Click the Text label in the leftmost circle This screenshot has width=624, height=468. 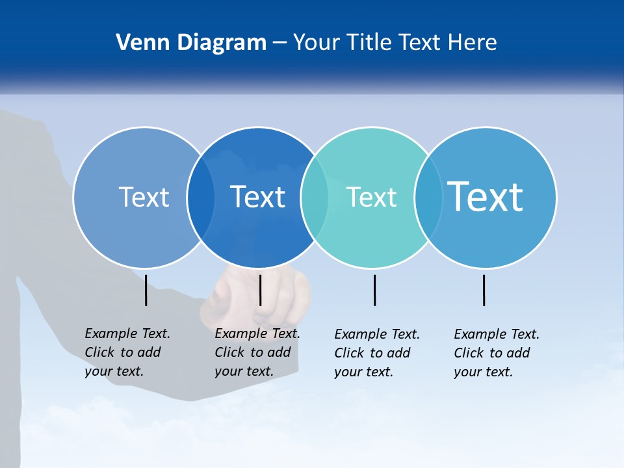coord(144,197)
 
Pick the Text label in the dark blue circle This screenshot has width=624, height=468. coord(257,197)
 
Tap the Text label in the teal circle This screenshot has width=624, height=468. coord(371,197)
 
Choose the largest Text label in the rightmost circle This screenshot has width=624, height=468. coord(485,196)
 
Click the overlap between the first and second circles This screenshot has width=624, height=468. coord(201,198)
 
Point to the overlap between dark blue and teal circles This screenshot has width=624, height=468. coord(315,198)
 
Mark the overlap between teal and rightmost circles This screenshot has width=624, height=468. coord(428,198)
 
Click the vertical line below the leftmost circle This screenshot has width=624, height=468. coord(146,290)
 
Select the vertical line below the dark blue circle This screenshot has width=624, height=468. coord(261,290)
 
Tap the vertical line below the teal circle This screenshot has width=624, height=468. coord(375,290)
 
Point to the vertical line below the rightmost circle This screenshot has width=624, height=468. coord(484,290)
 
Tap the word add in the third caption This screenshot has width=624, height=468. coord(398,353)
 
